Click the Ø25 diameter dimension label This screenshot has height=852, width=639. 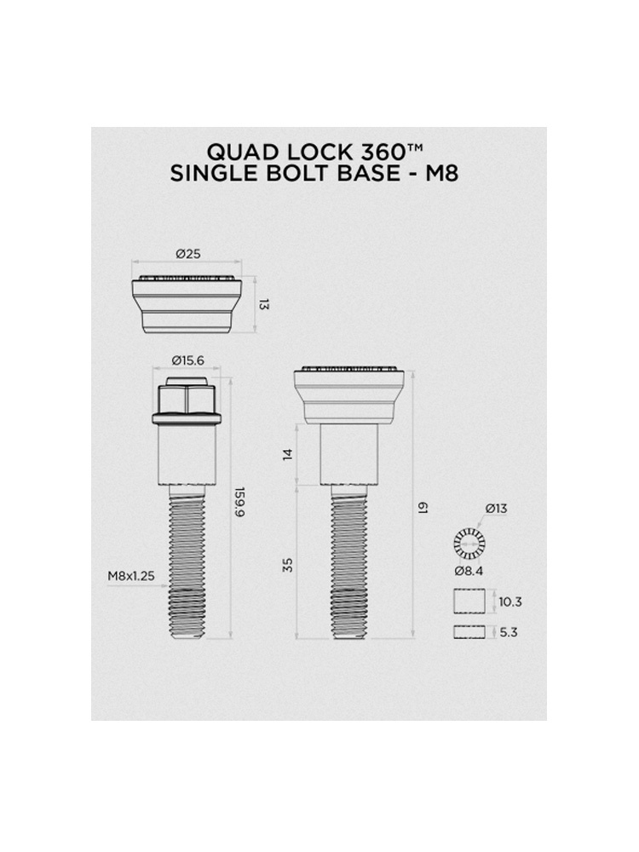[x=188, y=253]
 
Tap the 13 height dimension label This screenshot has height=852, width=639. [x=264, y=304]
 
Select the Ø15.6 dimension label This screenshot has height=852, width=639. [x=188, y=360]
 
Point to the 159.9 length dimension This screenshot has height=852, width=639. [x=240, y=502]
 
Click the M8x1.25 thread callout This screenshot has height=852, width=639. [x=131, y=576]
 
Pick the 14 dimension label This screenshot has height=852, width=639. [x=288, y=454]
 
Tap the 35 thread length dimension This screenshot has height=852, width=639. [x=288, y=565]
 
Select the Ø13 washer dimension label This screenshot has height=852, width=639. [x=496, y=509]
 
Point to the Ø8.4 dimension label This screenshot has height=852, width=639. [x=469, y=571]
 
